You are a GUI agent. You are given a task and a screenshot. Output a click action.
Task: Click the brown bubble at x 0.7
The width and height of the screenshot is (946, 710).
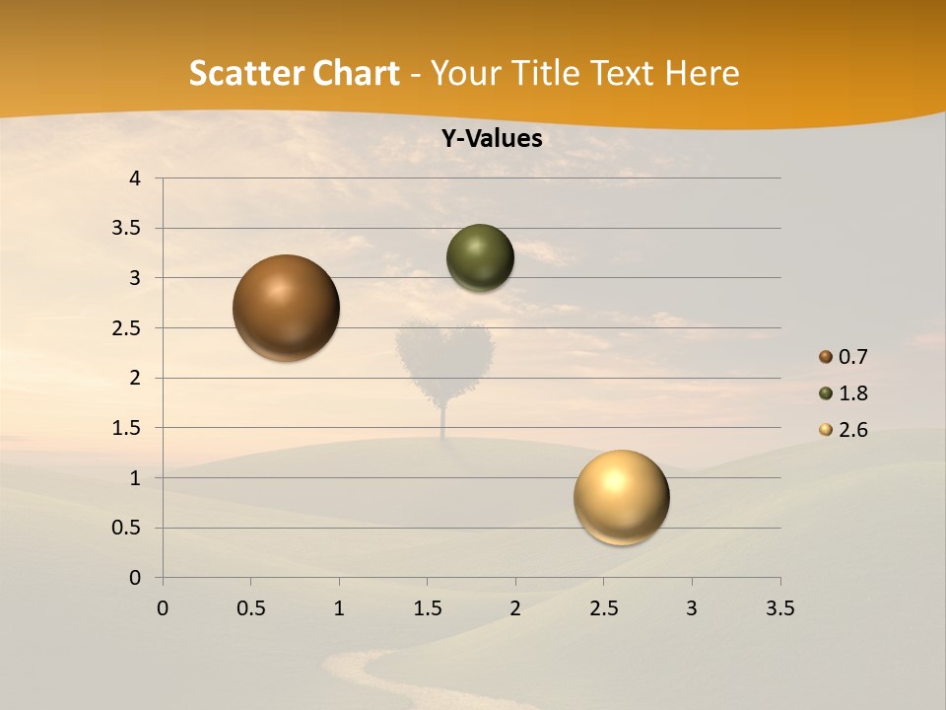pos(286,308)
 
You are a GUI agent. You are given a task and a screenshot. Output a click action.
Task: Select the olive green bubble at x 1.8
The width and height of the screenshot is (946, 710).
pos(480,257)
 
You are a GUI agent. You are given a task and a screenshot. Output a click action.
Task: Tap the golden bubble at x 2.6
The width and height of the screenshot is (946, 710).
pos(621,497)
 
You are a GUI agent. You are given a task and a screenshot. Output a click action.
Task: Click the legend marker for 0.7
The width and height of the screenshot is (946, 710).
pos(826,357)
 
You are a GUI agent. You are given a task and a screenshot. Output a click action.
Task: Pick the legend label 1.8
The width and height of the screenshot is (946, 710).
pos(852,393)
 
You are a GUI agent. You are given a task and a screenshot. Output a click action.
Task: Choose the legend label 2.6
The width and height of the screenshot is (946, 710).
pos(852,430)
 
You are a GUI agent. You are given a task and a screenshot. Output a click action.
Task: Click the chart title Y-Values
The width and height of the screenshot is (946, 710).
pos(492,139)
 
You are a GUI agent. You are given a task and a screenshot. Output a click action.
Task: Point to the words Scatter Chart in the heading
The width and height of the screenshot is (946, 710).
pos(294,73)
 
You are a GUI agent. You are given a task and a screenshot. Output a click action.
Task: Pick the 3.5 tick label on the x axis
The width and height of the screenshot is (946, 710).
pos(779,608)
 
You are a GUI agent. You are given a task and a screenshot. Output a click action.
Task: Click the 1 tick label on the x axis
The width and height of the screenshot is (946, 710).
pos(339,608)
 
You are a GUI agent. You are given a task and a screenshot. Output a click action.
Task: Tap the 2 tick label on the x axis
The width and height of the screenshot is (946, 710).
pos(515,608)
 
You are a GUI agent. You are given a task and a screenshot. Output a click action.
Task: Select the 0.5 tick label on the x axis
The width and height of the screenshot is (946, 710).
pos(250,608)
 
